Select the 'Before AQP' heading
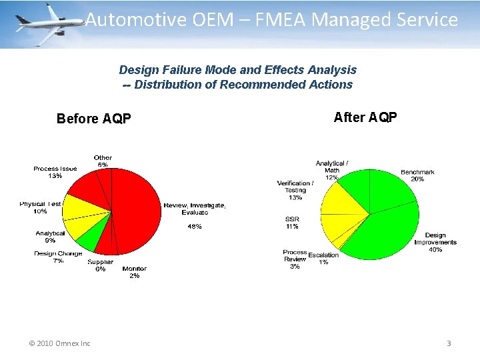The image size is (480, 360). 94,119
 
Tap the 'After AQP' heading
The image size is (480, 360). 365,117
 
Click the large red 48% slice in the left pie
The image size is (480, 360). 137,213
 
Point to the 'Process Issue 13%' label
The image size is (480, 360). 55,173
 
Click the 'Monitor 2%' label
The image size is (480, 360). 134,272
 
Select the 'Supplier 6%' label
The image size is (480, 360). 100,265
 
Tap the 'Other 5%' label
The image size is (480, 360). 103,161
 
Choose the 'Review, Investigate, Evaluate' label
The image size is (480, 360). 195,208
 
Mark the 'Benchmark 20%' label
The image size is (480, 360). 417,175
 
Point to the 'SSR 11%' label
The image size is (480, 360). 292,223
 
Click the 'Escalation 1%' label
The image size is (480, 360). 323,259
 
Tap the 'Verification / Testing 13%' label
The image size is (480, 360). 295,190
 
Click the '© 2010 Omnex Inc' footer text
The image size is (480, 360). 59,343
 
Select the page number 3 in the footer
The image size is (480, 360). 449,343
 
